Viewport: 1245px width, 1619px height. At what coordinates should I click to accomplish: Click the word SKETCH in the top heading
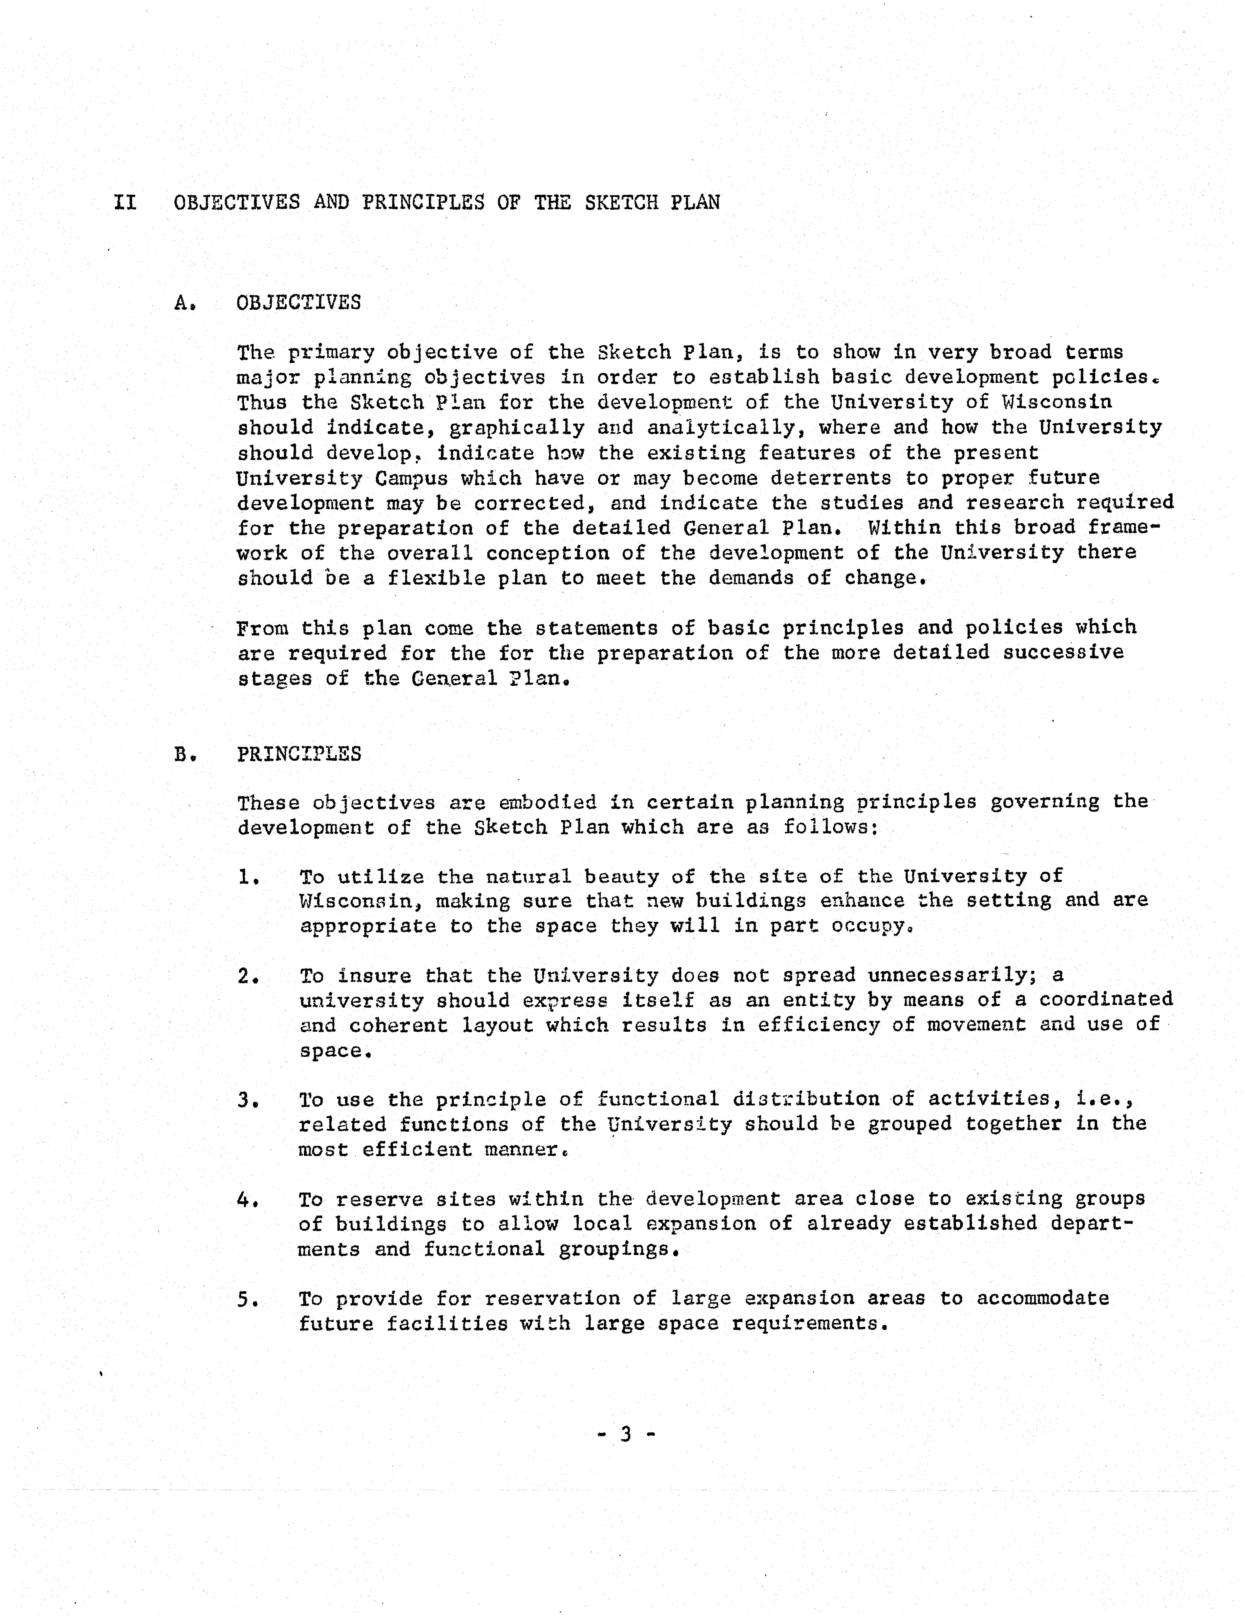[x=621, y=202]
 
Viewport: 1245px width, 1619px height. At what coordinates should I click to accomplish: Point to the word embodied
[x=547, y=803]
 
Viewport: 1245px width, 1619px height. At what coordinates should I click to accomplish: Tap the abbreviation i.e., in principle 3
[x=1104, y=1099]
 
